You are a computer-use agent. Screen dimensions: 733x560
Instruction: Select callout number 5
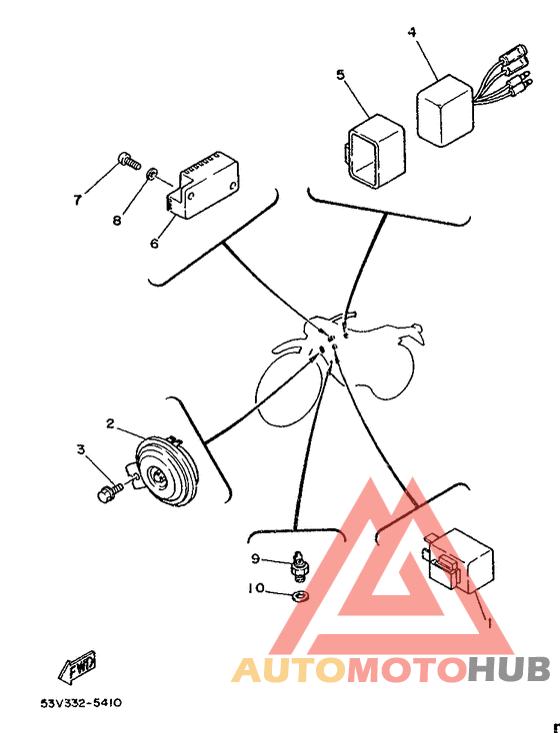tap(340, 74)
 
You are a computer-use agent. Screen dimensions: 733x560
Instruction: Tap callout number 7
tap(77, 200)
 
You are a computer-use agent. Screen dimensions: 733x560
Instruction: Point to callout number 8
tap(116, 221)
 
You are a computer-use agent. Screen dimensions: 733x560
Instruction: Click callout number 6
tap(154, 243)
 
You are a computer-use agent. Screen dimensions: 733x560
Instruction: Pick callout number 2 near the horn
tap(112, 423)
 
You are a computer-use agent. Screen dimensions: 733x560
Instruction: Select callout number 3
tap(82, 451)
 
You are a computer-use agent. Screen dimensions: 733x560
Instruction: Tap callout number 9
tap(255, 558)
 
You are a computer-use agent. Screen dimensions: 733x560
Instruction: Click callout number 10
tap(257, 589)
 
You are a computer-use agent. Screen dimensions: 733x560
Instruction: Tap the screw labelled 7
tap(126, 158)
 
